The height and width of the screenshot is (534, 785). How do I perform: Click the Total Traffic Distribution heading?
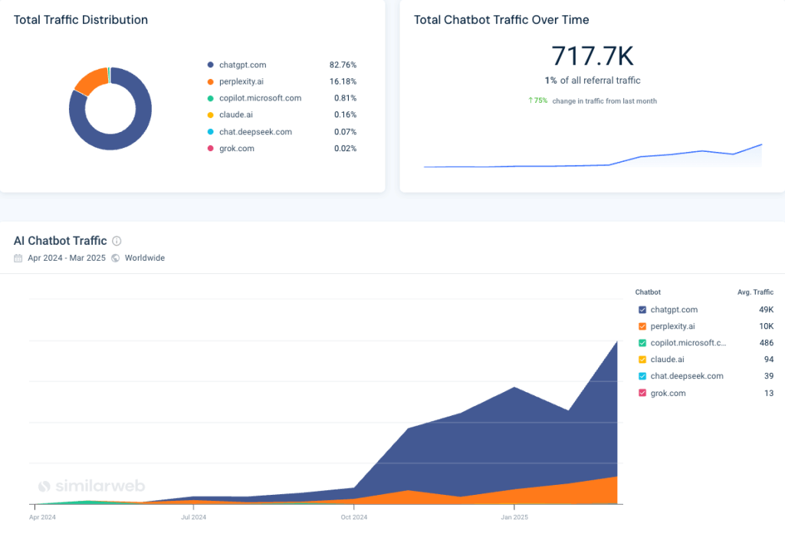click(x=80, y=19)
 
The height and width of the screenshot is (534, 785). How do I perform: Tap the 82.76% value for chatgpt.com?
click(x=343, y=65)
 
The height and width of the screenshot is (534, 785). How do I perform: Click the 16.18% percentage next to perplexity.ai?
click(x=343, y=81)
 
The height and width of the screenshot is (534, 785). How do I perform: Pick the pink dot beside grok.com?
click(x=209, y=149)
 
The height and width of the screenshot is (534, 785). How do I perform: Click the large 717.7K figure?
click(x=593, y=56)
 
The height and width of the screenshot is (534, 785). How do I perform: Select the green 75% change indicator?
click(x=537, y=101)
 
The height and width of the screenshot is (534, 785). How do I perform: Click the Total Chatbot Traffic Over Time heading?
click(x=501, y=19)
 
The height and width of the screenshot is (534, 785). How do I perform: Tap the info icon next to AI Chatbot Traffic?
click(x=117, y=241)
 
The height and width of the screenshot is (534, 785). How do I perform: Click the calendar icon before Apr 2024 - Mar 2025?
click(x=18, y=259)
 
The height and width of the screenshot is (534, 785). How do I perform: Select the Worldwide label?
click(x=144, y=259)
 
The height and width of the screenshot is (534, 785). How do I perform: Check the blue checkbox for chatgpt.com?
click(x=642, y=310)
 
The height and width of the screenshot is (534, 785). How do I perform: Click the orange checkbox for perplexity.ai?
click(x=642, y=327)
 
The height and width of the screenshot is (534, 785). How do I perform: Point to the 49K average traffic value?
click(x=766, y=310)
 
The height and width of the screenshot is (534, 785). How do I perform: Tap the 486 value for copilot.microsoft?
click(x=766, y=343)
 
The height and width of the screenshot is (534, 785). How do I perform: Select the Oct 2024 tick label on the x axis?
click(x=353, y=518)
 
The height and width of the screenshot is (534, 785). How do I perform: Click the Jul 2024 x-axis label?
click(x=193, y=518)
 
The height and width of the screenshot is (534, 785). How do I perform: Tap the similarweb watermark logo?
click(x=91, y=486)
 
